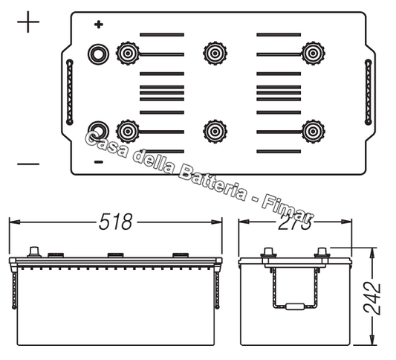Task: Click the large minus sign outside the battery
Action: pyautogui.click(x=27, y=164)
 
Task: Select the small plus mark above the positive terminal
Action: pyautogui.click(x=98, y=25)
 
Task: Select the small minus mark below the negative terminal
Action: pyautogui.click(x=97, y=161)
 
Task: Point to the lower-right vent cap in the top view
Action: pyautogui.click(x=312, y=132)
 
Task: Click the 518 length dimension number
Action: pyautogui.click(x=116, y=222)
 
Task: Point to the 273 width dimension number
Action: pyautogui.click(x=295, y=222)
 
